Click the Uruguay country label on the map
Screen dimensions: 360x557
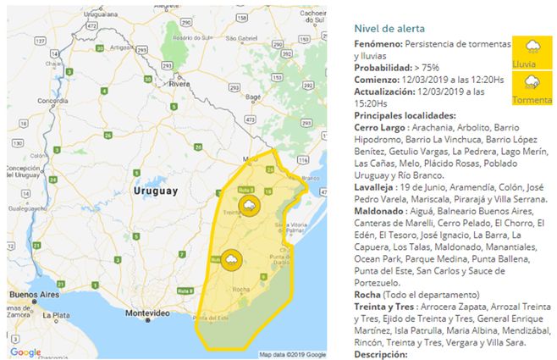point(157,192)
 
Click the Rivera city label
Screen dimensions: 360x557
point(178,85)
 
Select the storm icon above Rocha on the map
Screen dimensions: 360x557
point(229,259)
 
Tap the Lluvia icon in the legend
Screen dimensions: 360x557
point(532,50)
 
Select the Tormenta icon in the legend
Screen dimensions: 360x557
point(532,83)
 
